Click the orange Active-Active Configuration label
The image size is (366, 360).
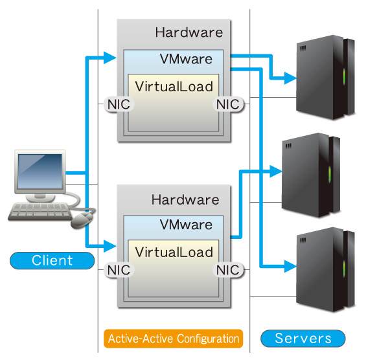(173, 339)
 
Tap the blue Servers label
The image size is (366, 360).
(303, 338)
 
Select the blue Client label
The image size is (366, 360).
(52, 260)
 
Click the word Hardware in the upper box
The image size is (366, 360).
(189, 32)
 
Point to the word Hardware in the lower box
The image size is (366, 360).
(185, 200)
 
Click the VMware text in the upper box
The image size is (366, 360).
(186, 59)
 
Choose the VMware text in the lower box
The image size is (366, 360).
(186, 225)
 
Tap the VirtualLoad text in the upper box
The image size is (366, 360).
(174, 87)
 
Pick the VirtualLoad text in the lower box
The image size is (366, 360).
(174, 253)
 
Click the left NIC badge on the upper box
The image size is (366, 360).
(119, 104)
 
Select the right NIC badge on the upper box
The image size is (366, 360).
(228, 104)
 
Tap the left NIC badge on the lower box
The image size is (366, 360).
(119, 270)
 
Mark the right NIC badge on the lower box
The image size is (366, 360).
(228, 270)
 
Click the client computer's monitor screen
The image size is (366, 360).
(40, 171)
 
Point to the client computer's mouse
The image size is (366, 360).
(81, 220)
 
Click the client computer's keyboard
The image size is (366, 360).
(40, 212)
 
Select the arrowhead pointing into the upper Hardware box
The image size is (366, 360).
(109, 58)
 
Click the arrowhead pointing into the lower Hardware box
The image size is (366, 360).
(109, 246)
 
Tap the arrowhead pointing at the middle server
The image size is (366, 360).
(276, 171)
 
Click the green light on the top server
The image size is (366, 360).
(344, 76)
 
